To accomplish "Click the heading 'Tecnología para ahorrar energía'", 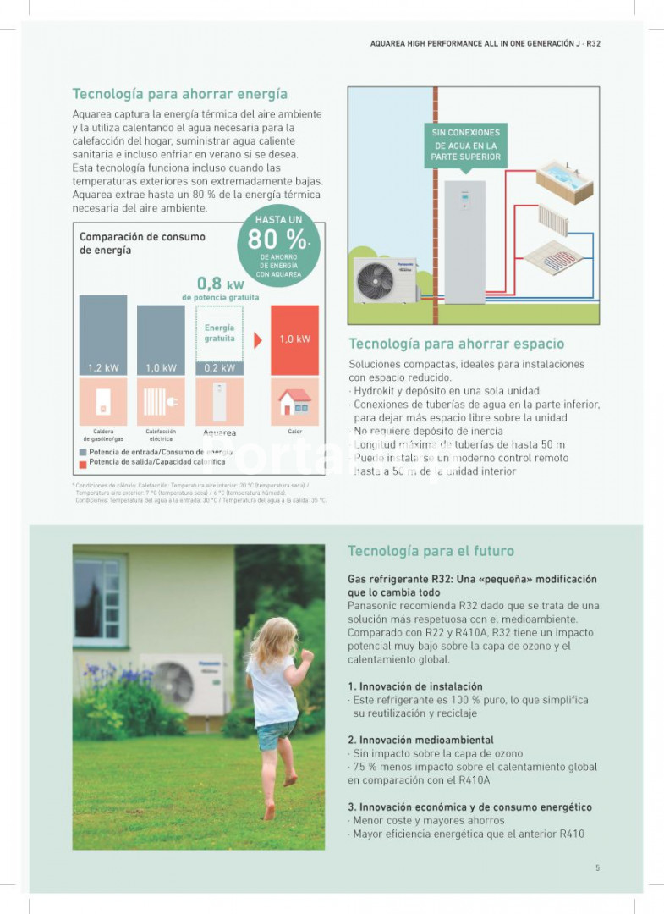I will [179, 94].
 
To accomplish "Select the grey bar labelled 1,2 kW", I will [103, 334].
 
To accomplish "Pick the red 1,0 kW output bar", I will [294, 339].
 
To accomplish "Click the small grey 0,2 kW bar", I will [219, 368].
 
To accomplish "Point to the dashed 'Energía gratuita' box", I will [219, 333].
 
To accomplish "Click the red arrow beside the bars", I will [258, 340].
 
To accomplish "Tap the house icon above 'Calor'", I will [294, 401].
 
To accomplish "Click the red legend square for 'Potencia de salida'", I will [83, 463].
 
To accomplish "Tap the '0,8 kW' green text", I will [220, 284].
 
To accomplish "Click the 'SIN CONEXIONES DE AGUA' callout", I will [465, 145].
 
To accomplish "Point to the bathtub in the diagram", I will [564, 180].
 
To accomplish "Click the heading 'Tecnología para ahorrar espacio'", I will [456, 344].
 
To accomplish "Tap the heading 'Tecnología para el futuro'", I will [431, 551].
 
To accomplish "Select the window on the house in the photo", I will [99, 599].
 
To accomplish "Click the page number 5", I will [597, 867].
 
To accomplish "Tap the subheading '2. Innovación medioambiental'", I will [420, 740].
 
